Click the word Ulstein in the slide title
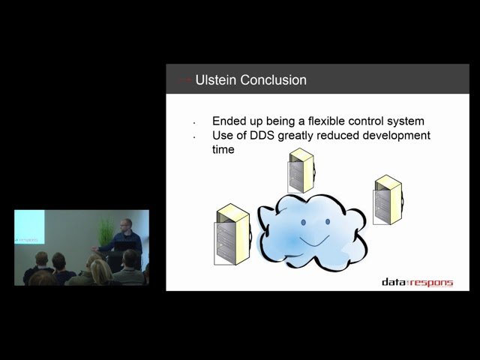click(x=216, y=80)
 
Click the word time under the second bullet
click(x=223, y=149)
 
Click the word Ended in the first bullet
click(x=229, y=121)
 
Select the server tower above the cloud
click(x=301, y=170)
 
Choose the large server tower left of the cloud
click(x=231, y=234)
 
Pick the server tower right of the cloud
click(x=387, y=199)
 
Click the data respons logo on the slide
click(x=417, y=282)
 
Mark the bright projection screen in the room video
click(x=29, y=227)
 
